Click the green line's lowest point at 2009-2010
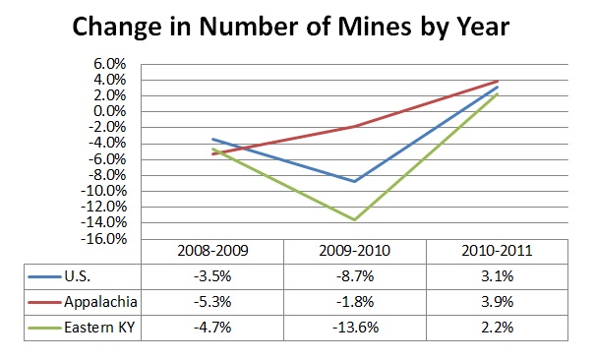click(x=355, y=219)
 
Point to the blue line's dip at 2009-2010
click(x=355, y=181)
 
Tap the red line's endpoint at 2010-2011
click(x=497, y=81)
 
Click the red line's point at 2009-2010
click(x=355, y=126)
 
